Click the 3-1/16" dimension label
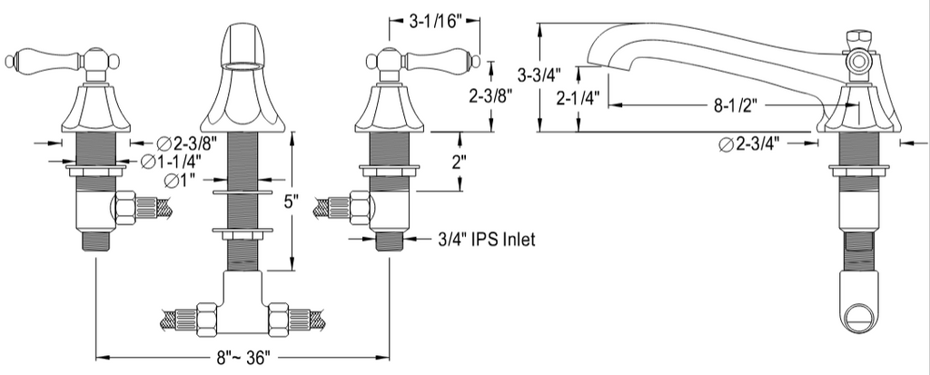435,22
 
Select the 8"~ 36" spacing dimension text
243,357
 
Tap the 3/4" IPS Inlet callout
487,239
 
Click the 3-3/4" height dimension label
539,75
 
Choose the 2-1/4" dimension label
579,97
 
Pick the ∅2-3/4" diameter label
748,143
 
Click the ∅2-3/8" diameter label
187,143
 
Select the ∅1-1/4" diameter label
170,160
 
